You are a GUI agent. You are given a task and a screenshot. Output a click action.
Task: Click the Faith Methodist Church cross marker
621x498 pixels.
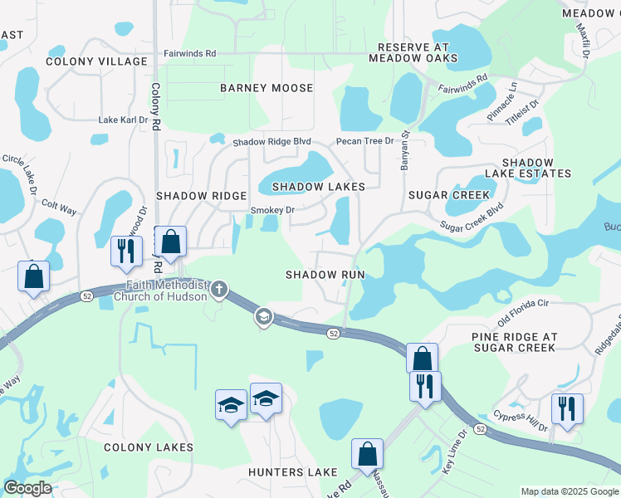(219, 289)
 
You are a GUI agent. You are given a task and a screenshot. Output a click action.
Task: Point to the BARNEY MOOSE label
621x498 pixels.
(266, 88)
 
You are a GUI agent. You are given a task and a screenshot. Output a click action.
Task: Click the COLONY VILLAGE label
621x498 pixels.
(97, 61)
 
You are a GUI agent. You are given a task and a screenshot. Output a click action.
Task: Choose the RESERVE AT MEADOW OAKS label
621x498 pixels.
(413, 53)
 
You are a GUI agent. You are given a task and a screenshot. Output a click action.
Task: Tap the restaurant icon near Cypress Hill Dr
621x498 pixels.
(567, 408)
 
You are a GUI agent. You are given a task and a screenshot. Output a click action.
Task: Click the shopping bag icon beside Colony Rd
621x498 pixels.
(170, 242)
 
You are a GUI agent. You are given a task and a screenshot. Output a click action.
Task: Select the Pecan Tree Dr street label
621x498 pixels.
(364, 142)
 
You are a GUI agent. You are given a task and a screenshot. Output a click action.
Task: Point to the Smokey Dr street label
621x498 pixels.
(272, 211)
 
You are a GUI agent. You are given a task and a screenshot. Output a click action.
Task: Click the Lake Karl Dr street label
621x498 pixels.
(123, 120)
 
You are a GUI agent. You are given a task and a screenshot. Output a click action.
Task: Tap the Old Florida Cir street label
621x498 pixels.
(523, 310)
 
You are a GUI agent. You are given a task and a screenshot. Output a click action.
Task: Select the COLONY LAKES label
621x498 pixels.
(149, 447)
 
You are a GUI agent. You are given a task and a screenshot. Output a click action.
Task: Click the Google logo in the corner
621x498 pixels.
(27, 488)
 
